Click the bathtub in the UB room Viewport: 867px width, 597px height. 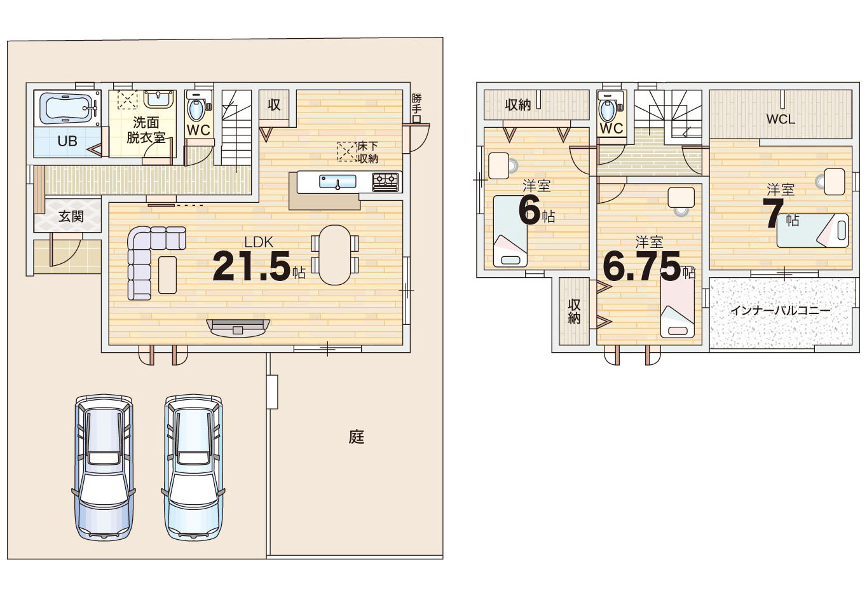[67, 109]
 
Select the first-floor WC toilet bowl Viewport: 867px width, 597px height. [196, 109]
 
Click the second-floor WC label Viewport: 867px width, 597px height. [611, 128]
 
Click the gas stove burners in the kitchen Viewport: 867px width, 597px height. [385, 182]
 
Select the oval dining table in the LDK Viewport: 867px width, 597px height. [335, 255]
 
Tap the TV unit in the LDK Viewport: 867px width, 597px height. [238, 327]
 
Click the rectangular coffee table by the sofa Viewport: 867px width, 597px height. [168, 275]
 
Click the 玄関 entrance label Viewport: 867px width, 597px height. [71, 216]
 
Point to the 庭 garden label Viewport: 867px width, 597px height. [356, 437]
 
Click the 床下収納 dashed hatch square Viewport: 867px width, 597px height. [347, 151]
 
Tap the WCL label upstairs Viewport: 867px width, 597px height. [781, 120]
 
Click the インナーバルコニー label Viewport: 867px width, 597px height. [781, 310]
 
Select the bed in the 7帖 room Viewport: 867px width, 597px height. [812, 230]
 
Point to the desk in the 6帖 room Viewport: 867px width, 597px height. [498, 165]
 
